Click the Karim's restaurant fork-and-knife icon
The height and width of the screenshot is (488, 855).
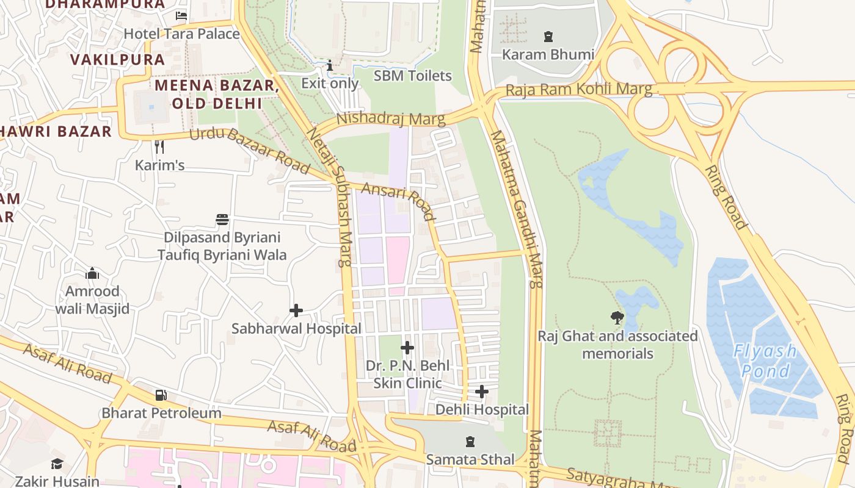[x=159, y=147]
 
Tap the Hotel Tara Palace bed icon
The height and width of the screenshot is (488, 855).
[x=181, y=16]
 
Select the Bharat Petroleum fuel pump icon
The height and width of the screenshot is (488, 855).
[x=161, y=395]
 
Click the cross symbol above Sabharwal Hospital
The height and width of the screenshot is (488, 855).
[x=296, y=310]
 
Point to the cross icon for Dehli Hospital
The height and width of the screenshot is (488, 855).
[x=482, y=392]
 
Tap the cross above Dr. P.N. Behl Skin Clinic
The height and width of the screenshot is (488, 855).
[x=407, y=348]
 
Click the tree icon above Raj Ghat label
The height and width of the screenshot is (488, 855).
[x=617, y=317]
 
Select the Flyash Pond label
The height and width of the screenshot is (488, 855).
[x=765, y=361]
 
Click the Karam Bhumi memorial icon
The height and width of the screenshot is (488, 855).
[x=548, y=37]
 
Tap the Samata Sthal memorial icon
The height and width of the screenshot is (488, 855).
[x=470, y=441]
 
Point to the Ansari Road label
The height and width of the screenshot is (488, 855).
[x=398, y=200]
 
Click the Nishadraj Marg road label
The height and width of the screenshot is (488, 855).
[x=390, y=118]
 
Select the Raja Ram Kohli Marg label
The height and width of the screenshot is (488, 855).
[x=578, y=90]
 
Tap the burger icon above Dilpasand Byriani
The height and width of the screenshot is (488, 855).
[x=222, y=220]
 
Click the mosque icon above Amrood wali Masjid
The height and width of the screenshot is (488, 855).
[x=92, y=273]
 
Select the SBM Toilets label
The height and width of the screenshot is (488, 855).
[x=412, y=76]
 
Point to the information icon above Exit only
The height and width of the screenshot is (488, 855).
[x=330, y=65]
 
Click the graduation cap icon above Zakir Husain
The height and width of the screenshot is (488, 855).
[x=57, y=464]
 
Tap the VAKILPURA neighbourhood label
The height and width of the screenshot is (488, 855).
[x=117, y=59]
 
